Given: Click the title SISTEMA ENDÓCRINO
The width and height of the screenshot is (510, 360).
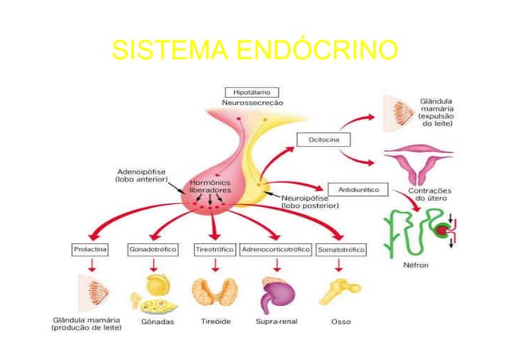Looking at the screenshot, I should pyautogui.click(x=254, y=51).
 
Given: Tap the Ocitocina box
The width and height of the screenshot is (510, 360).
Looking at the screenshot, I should pyautogui.click(x=318, y=139).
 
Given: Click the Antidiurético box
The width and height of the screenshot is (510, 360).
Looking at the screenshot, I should pyautogui.click(x=358, y=190).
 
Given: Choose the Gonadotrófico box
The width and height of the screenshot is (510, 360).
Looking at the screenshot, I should pyautogui.click(x=152, y=249).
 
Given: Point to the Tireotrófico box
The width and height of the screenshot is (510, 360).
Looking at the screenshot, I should pyautogui.click(x=214, y=249).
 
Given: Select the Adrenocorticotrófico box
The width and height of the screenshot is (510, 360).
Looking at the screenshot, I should pyautogui.click(x=275, y=249).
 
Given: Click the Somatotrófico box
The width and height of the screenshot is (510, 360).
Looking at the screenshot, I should pyautogui.click(x=341, y=249).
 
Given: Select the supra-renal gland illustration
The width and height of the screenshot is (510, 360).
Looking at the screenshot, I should pyautogui.click(x=276, y=295).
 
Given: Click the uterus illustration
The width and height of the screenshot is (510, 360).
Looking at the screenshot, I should pyautogui.click(x=418, y=163).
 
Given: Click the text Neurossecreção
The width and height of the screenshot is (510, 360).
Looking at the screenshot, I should pyautogui.click(x=252, y=104).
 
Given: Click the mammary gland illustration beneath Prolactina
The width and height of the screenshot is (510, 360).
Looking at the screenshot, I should pyautogui.click(x=90, y=292).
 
